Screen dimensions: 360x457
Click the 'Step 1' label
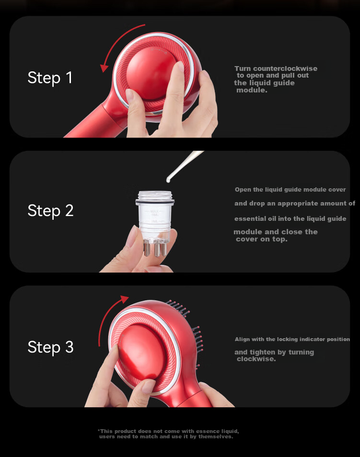tap(50, 78)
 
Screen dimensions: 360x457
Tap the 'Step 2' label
tap(50, 210)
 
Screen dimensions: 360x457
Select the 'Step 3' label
tap(50, 347)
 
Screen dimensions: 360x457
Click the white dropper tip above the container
tap(168, 181)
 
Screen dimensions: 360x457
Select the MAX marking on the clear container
tap(155, 211)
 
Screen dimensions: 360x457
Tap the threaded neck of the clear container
tap(155, 195)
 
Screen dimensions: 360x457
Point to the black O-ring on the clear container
tap(155, 202)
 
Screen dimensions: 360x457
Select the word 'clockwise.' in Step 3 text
tap(256, 359)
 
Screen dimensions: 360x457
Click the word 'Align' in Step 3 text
tap(242, 339)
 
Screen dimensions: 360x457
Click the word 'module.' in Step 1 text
tap(252, 91)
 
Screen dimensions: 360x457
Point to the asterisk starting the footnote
tap(99, 430)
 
